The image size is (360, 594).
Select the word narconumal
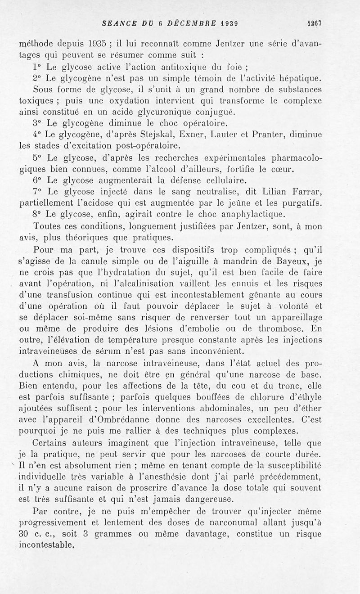pyautogui.click(x=234, y=522)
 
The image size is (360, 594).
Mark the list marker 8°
pyautogui.click(x=38, y=213)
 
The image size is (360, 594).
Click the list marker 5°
pyautogui.click(x=38, y=157)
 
